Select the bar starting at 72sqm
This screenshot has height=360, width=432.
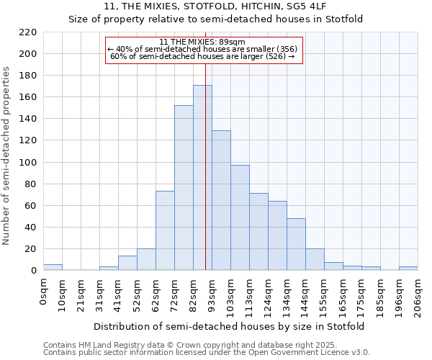[184, 188]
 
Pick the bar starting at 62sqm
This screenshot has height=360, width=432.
[165, 230]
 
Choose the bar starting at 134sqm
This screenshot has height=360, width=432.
[296, 244]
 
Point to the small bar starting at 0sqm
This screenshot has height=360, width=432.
[53, 267]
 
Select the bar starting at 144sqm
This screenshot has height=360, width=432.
[315, 259]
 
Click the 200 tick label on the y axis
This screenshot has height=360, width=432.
[28, 54]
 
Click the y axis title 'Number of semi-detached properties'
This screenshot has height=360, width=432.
[7, 156]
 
